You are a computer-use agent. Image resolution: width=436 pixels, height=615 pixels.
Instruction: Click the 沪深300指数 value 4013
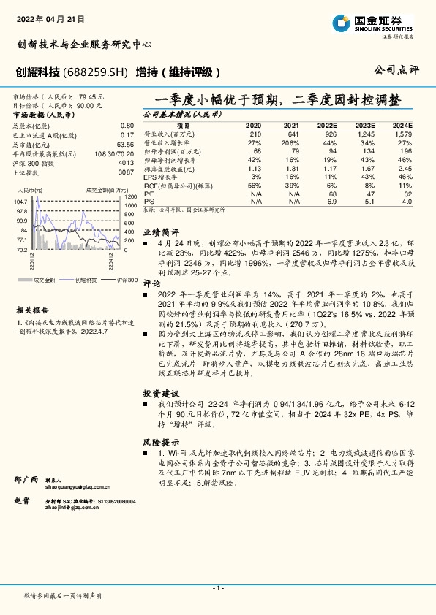(x=126, y=163)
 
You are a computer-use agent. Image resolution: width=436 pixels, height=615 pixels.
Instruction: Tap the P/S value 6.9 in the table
(x=332, y=200)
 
